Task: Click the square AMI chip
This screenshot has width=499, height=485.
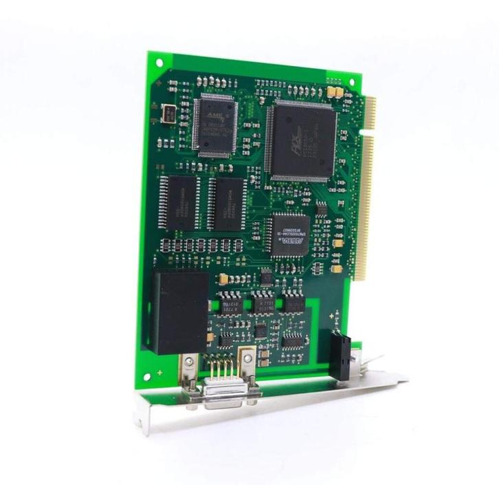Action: click(215, 124)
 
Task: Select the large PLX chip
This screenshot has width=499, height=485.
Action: click(303, 140)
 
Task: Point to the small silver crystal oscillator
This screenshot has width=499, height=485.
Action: click(168, 113)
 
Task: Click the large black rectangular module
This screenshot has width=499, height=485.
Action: click(180, 312)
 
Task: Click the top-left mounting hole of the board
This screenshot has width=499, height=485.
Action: click(159, 62)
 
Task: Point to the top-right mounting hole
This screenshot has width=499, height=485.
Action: click(351, 82)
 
